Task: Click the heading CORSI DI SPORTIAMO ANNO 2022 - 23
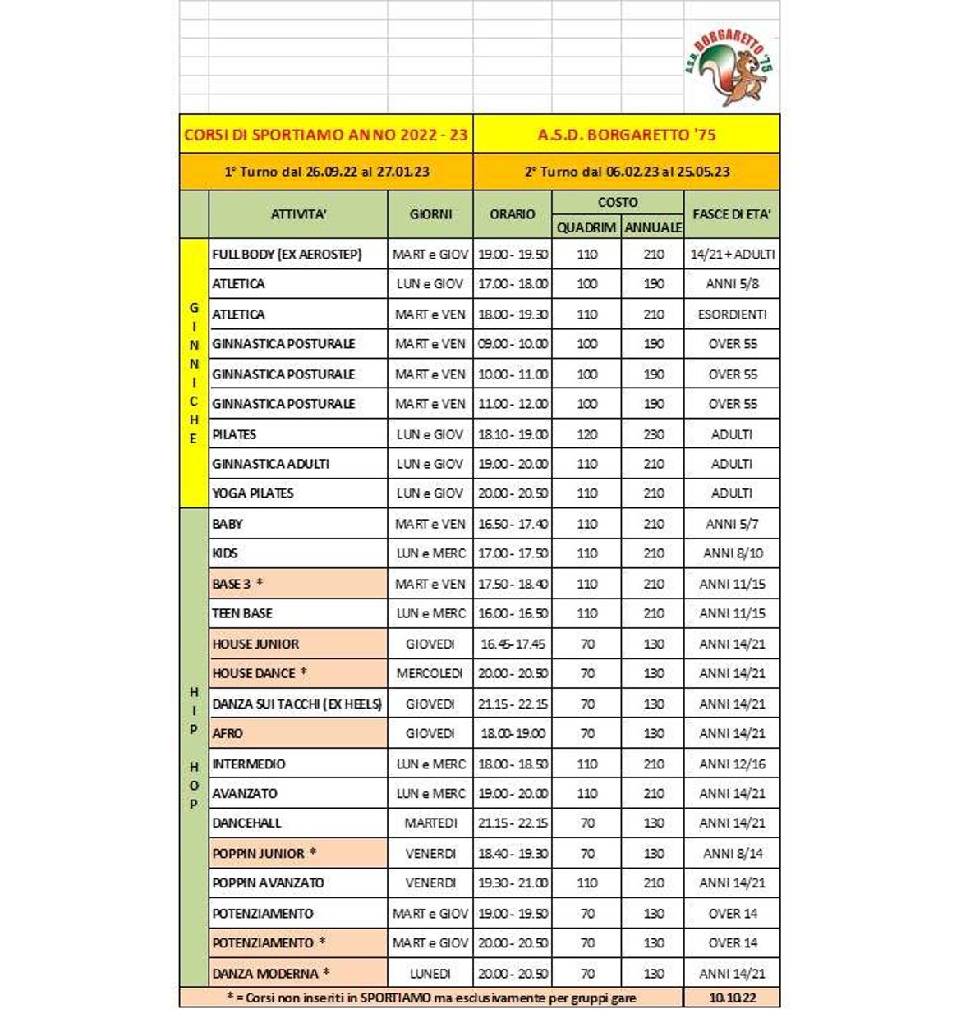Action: [326, 135]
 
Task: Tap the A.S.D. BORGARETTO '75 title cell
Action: [626, 135]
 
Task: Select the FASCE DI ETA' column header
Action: [731, 214]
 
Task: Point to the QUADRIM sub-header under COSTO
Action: [586, 227]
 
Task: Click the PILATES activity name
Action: [235, 434]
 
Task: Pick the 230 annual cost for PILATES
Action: [653, 434]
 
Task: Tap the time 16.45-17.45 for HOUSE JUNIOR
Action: [513, 644]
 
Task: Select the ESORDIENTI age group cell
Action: [731, 314]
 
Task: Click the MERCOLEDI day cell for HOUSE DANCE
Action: [430, 673]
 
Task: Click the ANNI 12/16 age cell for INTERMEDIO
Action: [731, 764]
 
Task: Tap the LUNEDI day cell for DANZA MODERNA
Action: [430, 974]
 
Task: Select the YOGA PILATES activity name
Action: [253, 493]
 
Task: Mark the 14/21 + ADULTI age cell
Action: [731, 255]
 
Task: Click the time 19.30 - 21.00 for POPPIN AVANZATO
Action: [513, 883]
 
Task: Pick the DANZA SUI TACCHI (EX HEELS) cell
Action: [297, 704]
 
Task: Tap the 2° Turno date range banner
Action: [626, 172]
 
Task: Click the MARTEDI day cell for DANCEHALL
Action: [430, 823]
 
